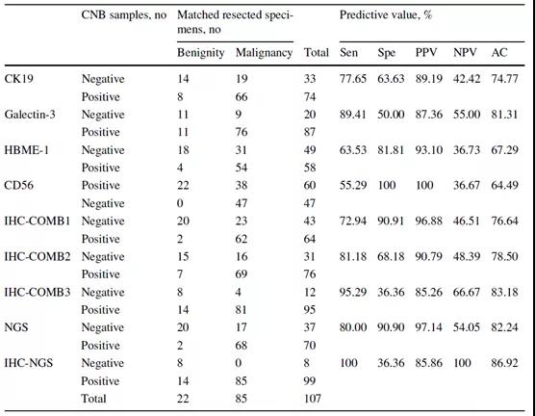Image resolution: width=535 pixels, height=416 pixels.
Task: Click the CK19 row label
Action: [x=19, y=79]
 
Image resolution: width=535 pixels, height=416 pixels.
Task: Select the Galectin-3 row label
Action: [x=30, y=115]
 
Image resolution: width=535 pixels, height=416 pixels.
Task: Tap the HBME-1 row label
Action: [x=27, y=150]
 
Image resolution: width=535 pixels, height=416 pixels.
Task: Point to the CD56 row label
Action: [x=19, y=186]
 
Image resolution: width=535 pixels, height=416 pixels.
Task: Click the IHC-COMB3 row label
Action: [x=38, y=292]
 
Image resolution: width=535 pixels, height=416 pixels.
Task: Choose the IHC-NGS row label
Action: [x=29, y=363]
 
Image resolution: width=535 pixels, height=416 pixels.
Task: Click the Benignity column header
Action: [x=200, y=53]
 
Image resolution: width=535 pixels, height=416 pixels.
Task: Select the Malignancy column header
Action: [x=264, y=53]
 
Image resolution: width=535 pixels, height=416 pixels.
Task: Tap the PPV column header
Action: [x=426, y=53]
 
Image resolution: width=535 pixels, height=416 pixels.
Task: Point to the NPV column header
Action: [x=465, y=53]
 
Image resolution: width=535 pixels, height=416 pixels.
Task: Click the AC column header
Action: [x=499, y=53]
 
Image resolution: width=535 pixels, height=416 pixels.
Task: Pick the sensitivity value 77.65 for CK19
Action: [x=353, y=79]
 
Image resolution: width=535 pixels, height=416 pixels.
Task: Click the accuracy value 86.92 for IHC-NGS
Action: [x=504, y=363]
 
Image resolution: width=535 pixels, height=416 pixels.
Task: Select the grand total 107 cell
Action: [x=313, y=399]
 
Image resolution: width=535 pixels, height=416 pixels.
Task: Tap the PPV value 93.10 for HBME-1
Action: [x=429, y=150]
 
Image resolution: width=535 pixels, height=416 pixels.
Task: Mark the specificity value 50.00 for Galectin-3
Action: [x=391, y=115]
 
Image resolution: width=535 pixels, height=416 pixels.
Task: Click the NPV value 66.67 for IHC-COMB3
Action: [x=467, y=292]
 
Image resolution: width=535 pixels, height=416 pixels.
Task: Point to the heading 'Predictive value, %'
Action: [x=386, y=15]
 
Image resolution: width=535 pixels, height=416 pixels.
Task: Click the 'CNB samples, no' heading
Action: [x=124, y=15]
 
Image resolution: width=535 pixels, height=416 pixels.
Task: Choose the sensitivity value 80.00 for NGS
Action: [x=353, y=327]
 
